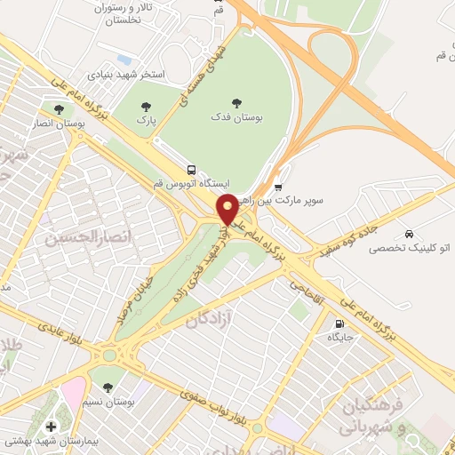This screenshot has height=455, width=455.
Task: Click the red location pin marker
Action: (227, 208)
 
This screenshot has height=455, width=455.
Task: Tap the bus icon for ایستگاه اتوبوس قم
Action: (191, 169)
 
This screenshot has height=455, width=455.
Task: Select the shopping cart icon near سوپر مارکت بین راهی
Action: (278, 187)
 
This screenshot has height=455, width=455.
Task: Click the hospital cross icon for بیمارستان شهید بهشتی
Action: (48, 426)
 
